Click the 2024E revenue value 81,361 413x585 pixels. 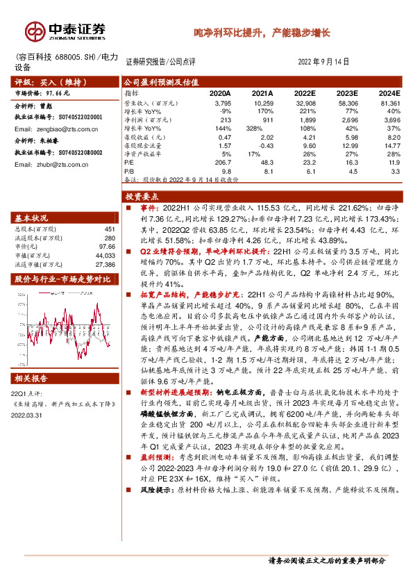pyautogui.click(x=389, y=102)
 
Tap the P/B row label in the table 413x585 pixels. pyautogui.click(x=129, y=170)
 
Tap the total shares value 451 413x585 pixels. pyautogui.click(x=109, y=229)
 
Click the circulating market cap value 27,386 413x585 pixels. pyautogui.click(x=104, y=264)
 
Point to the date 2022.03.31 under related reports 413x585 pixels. pyautogui.click(x=27, y=415)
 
